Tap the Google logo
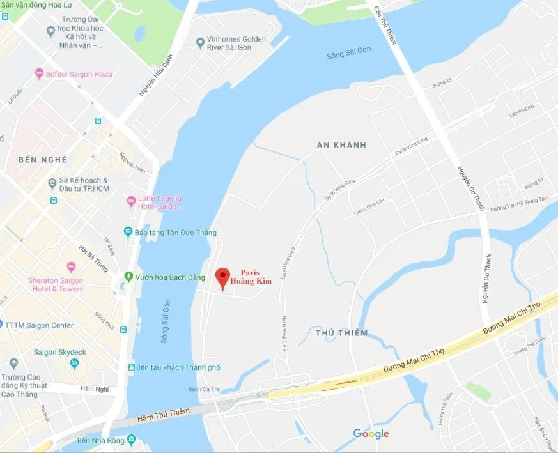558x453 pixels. point(371,434)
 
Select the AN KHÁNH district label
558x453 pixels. point(341,145)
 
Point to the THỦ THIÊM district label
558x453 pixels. point(341,333)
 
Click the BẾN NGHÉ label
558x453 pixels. point(43,158)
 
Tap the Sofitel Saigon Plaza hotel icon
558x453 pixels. point(39,74)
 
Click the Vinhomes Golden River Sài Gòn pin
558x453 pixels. point(200,42)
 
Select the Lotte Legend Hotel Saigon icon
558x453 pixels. point(132,201)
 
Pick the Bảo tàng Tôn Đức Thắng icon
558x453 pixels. point(128,232)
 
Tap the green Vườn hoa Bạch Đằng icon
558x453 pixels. point(129,277)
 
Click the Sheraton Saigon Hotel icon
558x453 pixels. point(71,267)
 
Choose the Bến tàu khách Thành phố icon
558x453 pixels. point(131,367)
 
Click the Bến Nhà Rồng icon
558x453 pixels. point(131,440)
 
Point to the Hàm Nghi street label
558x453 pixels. point(95,388)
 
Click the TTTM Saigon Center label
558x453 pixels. point(39,325)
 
